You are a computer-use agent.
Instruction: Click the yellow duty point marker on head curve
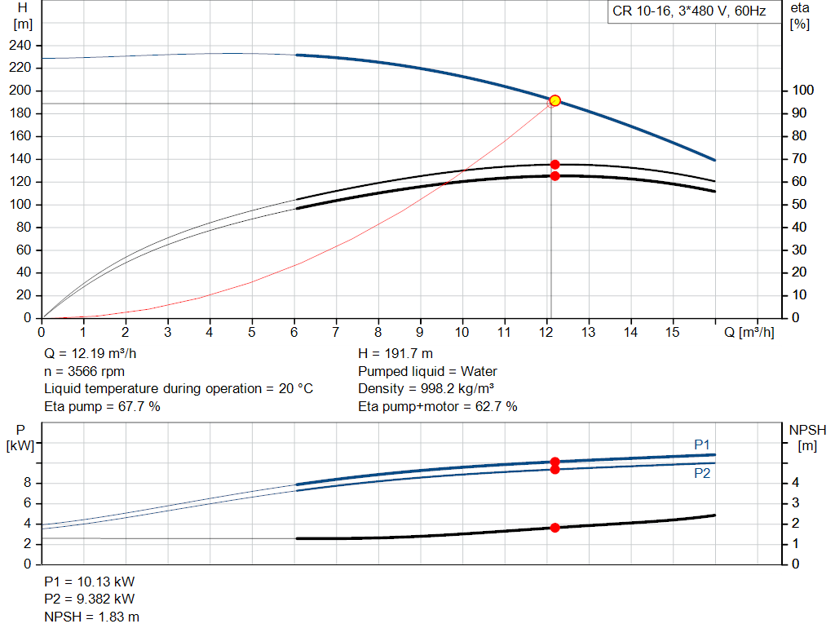(x=554, y=100)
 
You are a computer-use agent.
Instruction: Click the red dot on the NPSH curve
(x=554, y=528)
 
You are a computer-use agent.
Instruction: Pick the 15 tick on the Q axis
(x=673, y=332)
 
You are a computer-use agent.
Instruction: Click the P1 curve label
(x=702, y=445)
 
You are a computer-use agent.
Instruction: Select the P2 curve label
(x=702, y=473)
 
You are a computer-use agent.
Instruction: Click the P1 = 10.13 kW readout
(x=90, y=582)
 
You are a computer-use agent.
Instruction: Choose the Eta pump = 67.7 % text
(x=102, y=406)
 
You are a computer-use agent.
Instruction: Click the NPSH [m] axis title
(x=807, y=436)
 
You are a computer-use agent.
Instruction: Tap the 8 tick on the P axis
(x=28, y=483)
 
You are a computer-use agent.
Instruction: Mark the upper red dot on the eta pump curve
(x=554, y=165)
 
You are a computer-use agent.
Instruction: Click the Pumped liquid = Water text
(x=427, y=371)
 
